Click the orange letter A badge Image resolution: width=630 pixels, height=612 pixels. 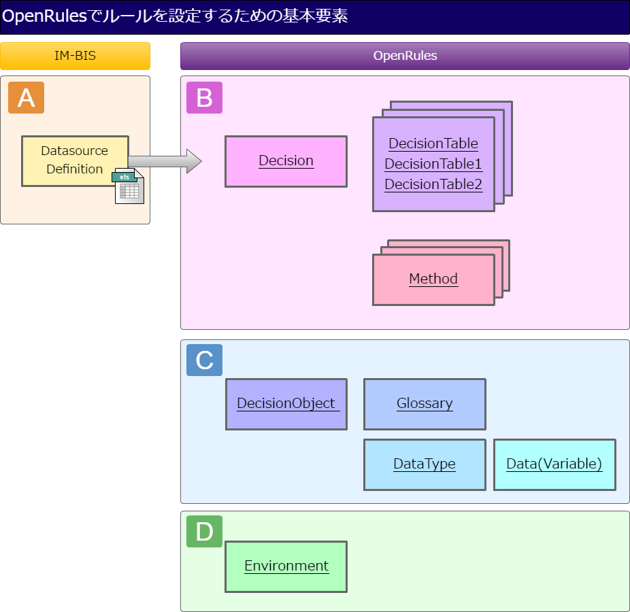pos(26,98)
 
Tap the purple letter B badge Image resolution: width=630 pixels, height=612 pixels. pos(204,98)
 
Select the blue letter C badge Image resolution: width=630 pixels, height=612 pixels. pos(204,360)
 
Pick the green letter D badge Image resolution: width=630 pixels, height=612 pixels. pos(204,531)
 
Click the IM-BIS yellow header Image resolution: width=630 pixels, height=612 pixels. pos(75,56)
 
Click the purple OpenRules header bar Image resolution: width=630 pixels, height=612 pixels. pos(405,56)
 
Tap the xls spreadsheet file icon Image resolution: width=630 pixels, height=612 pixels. pos(128,186)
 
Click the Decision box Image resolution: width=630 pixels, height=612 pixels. pos(286,161)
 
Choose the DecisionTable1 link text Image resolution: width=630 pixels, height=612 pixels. pos(433,164)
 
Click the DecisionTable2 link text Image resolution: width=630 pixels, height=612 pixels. pos(433,184)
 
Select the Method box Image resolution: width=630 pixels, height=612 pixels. pos(433,279)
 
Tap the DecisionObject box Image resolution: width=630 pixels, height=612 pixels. pos(286,404)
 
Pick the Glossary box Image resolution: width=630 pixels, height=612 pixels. pos(425,404)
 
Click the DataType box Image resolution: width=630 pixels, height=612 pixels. pos(425,464)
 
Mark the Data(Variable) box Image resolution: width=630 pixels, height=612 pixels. pos(554,464)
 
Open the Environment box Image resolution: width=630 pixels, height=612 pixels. pos(286,566)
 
